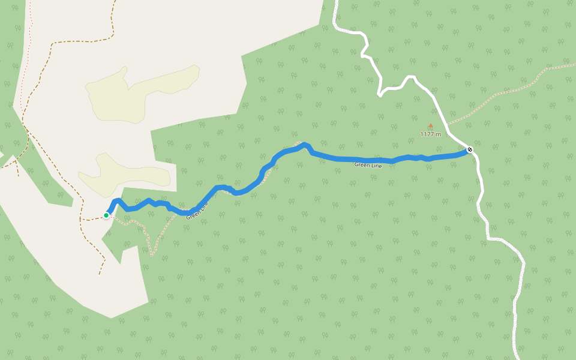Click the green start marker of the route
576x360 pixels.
point(106,215)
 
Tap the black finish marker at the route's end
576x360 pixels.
point(470,149)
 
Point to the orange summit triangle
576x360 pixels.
point(430,125)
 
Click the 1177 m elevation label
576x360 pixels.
point(430,134)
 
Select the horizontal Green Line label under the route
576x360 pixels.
point(368,164)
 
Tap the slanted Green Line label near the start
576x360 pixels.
point(197,211)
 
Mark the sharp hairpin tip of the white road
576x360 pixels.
point(379,95)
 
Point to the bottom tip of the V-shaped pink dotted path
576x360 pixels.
point(152,255)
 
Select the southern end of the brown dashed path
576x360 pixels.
point(100,274)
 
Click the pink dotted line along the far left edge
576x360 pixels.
point(23,90)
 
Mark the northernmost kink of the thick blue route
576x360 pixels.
point(305,144)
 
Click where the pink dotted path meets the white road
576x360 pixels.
point(447,124)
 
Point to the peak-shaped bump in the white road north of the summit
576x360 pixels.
point(410,77)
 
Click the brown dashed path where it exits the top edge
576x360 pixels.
point(112,2)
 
